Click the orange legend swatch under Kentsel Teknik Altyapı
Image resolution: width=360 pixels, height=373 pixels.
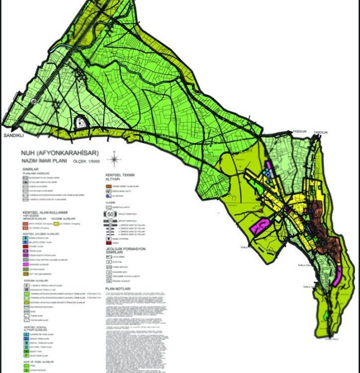(x=109, y=186)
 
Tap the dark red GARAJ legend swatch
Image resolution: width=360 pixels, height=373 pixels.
(x=109, y=243)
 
